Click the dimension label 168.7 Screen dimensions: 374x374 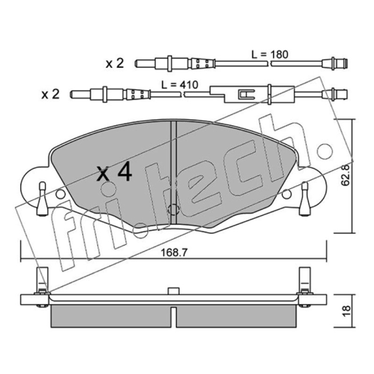(174, 252)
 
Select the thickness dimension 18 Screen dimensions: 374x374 (346, 311)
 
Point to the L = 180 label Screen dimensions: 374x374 (270, 55)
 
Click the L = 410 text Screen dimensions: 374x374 (180, 85)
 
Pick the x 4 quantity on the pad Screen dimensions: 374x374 (114, 172)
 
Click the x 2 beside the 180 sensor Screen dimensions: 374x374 (115, 64)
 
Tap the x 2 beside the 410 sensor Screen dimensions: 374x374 (50, 94)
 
